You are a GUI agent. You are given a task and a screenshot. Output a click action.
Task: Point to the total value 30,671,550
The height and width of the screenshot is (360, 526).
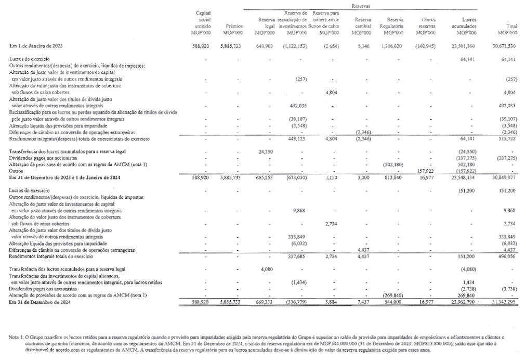(x=503, y=46)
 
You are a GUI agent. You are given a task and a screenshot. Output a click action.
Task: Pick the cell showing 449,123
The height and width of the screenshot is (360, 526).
(x=295, y=139)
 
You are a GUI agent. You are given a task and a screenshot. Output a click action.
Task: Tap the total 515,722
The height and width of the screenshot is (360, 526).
(x=506, y=139)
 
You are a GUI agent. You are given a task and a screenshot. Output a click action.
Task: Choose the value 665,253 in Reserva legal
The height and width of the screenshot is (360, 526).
(x=264, y=177)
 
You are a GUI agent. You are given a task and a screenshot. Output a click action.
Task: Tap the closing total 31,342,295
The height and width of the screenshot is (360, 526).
(x=503, y=302)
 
